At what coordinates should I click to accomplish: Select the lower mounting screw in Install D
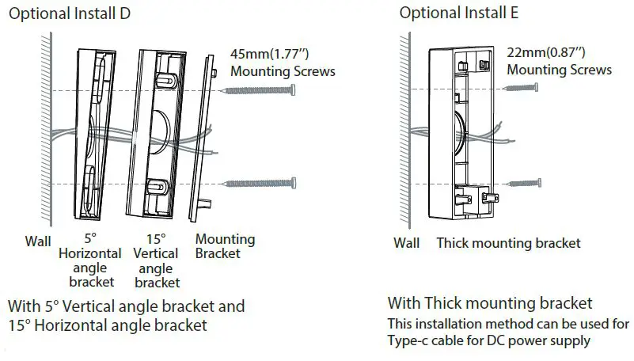click(x=260, y=184)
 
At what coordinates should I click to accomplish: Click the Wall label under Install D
click(x=37, y=239)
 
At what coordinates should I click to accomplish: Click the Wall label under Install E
click(x=406, y=243)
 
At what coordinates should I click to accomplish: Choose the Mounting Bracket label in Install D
click(x=225, y=245)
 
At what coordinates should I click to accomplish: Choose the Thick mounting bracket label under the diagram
click(x=508, y=243)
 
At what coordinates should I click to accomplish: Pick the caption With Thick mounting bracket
click(x=489, y=303)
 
